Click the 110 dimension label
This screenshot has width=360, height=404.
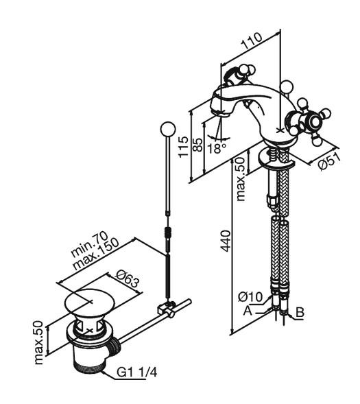point(252,41)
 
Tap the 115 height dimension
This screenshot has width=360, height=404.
point(184,147)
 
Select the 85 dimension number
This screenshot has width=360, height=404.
point(197,145)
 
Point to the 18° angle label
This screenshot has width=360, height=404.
point(217,148)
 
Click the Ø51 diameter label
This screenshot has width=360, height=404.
point(329,161)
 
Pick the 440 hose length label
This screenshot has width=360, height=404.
point(226,241)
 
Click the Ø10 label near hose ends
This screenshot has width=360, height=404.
point(250,297)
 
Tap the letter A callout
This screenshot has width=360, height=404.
point(248,311)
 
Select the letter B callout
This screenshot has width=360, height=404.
point(300,312)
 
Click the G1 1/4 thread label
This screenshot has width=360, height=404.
point(136,372)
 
